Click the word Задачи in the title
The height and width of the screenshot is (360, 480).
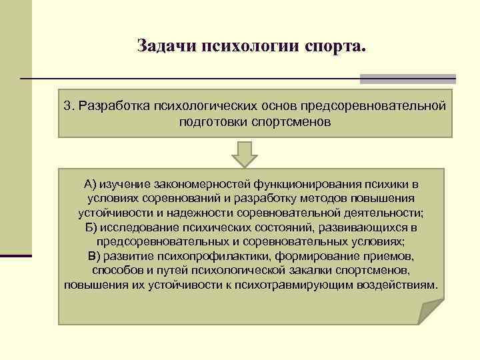tap(161, 46)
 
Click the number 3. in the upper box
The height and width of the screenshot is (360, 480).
tap(69, 106)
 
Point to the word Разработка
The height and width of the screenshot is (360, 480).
tap(113, 106)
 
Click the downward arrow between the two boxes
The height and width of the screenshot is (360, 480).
tap(245, 154)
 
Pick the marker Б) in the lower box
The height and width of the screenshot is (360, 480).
tap(93, 227)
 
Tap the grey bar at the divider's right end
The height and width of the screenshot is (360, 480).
tap(407, 79)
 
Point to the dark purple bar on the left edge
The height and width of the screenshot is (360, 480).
tap(16, 255)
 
